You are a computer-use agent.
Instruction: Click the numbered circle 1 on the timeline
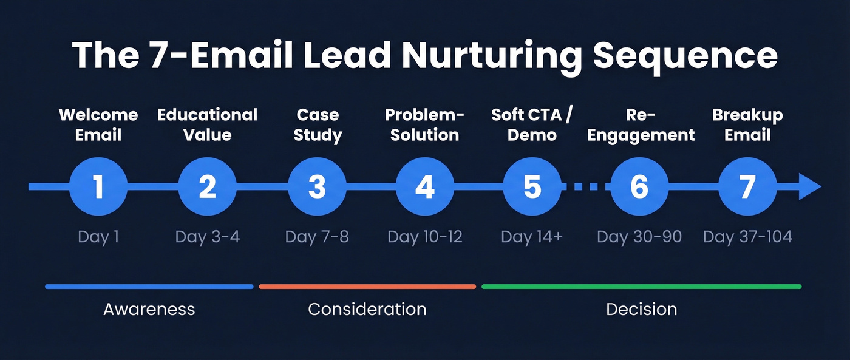coord(98,186)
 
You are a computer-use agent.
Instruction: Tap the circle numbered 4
coord(424,186)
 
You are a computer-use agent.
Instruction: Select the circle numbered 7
coord(747,186)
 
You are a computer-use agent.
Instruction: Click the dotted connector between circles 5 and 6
coord(586,186)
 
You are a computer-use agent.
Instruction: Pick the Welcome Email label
coord(98,124)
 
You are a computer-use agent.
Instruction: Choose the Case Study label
coord(318,124)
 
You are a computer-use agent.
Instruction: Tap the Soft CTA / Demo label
coord(532,124)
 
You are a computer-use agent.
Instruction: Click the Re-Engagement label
coord(641,124)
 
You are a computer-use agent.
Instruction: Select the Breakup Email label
coord(747,124)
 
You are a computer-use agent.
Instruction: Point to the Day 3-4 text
coord(208,236)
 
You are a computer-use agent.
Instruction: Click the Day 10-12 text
coord(425,236)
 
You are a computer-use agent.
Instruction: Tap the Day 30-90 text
coord(639,236)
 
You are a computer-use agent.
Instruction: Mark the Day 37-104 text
coord(747,236)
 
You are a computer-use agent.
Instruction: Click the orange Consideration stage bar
coord(367,287)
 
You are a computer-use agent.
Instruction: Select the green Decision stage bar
coord(641,287)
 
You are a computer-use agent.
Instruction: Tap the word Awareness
coord(149,309)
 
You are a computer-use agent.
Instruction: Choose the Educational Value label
coord(208,124)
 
